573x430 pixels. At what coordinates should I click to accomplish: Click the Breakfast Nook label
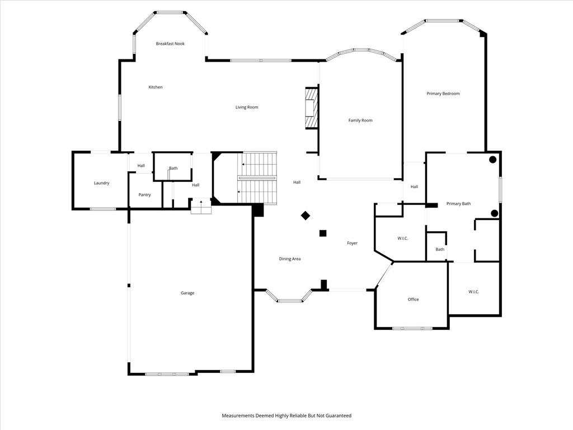[x=170, y=44]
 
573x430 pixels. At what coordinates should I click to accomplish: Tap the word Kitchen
[x=156, y=87]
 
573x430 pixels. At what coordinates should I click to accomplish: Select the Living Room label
[x=247, y=107]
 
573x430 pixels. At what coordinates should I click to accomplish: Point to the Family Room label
[x=360, y=120]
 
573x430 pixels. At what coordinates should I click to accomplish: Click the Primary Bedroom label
[x=443, y=94]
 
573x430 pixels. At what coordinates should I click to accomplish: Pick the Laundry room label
[x=102, y=183]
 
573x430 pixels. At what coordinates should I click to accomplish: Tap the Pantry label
[x=145, y=195]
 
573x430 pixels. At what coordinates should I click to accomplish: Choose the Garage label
[x=187, y=293]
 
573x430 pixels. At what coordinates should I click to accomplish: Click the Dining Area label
[x=290, y=259]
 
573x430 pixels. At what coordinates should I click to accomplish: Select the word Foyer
[x=353, y=243]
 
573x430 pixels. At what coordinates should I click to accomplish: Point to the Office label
[x=414, y=300]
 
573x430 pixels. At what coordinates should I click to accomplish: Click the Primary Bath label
[x=459, y=204]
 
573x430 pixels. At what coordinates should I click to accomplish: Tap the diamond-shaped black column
[x=306, y=216]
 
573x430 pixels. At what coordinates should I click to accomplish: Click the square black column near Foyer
[x=323, y=233]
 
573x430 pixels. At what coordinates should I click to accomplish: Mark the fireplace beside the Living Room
[x=312, y=108]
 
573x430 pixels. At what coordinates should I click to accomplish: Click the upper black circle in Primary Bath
[x=492, y=160]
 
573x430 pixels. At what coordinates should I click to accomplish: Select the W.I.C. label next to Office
[x=473, y=292]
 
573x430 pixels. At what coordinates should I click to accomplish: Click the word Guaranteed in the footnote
[x=339, y=416]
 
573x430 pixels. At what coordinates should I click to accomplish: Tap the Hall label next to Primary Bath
[x=414, y=187]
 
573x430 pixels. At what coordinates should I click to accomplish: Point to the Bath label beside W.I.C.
[x=440, y=249]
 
